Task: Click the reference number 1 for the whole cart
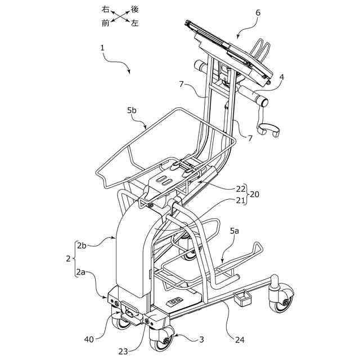coord(103,48)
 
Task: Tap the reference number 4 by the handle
coord(282,77)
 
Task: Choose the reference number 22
coord(241,188)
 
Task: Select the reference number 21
coord(241,201)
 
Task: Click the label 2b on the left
coord(82,246)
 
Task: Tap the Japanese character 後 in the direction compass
coord(134,10)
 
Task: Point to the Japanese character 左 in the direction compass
coord(134,23)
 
